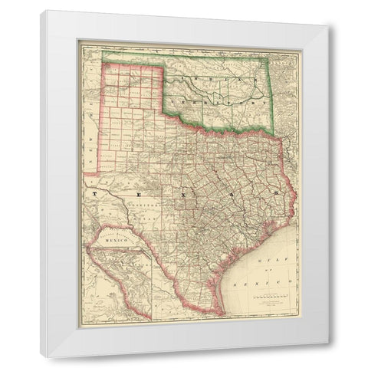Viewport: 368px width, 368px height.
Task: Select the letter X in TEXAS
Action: pos(182,195)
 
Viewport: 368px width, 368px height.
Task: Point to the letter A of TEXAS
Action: pos(227,195)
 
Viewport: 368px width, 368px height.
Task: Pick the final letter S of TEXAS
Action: pos(273,195)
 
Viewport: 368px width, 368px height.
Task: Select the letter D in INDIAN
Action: pos(212,80)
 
